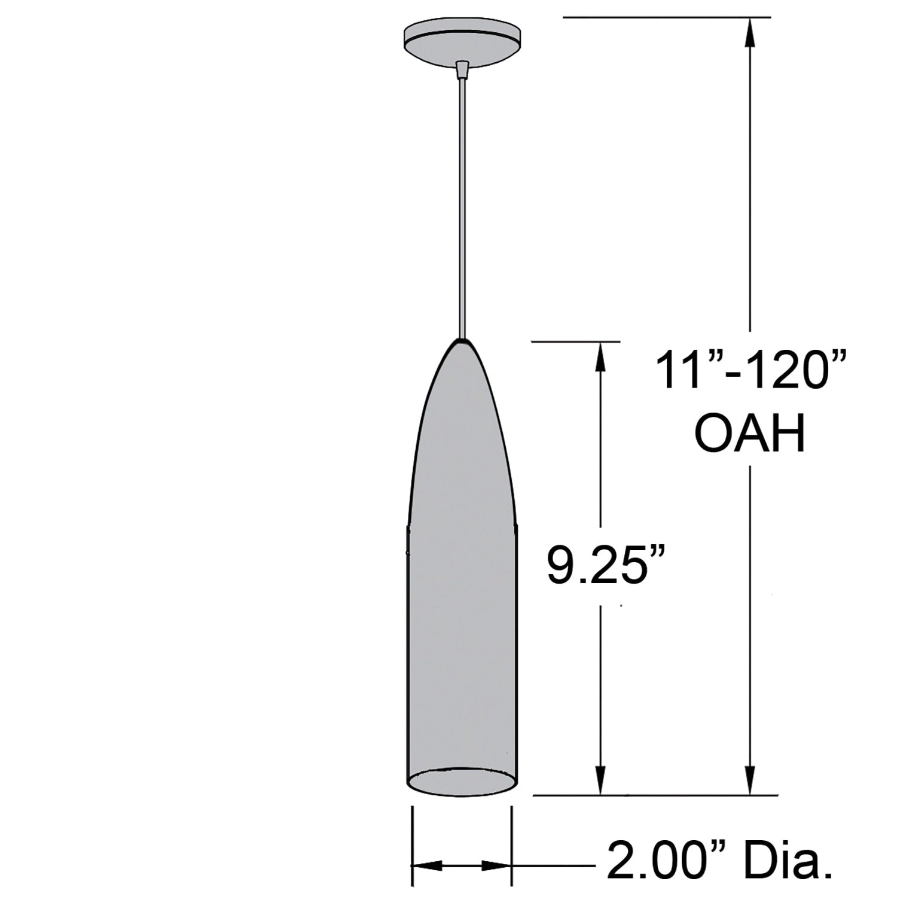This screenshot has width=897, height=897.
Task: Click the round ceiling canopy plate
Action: [462, 41]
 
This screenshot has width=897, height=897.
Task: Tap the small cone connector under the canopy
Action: [462, 70]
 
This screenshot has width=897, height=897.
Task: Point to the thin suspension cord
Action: [462, 209]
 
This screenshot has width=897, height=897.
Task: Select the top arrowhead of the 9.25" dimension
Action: [600, 356]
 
